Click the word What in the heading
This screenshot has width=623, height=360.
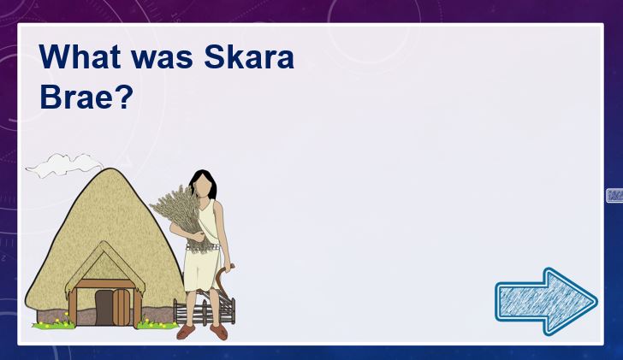coord(80,56)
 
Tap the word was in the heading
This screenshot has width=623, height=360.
coord(163,59)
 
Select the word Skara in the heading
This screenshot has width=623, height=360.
coord(249,56)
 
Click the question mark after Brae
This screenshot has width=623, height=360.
coord(126,97)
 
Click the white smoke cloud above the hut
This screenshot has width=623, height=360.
coord(64,165)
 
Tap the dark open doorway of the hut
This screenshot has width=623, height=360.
coord(104,308)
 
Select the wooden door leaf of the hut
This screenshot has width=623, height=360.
coord(122,308)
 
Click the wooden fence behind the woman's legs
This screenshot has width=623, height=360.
coord(205,310)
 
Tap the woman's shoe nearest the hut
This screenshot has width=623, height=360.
coord(186,332)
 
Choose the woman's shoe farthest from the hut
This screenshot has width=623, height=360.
coord(219,332)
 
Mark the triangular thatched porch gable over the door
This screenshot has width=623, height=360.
coord(105,262)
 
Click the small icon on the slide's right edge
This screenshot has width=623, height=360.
coord(614,196)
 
